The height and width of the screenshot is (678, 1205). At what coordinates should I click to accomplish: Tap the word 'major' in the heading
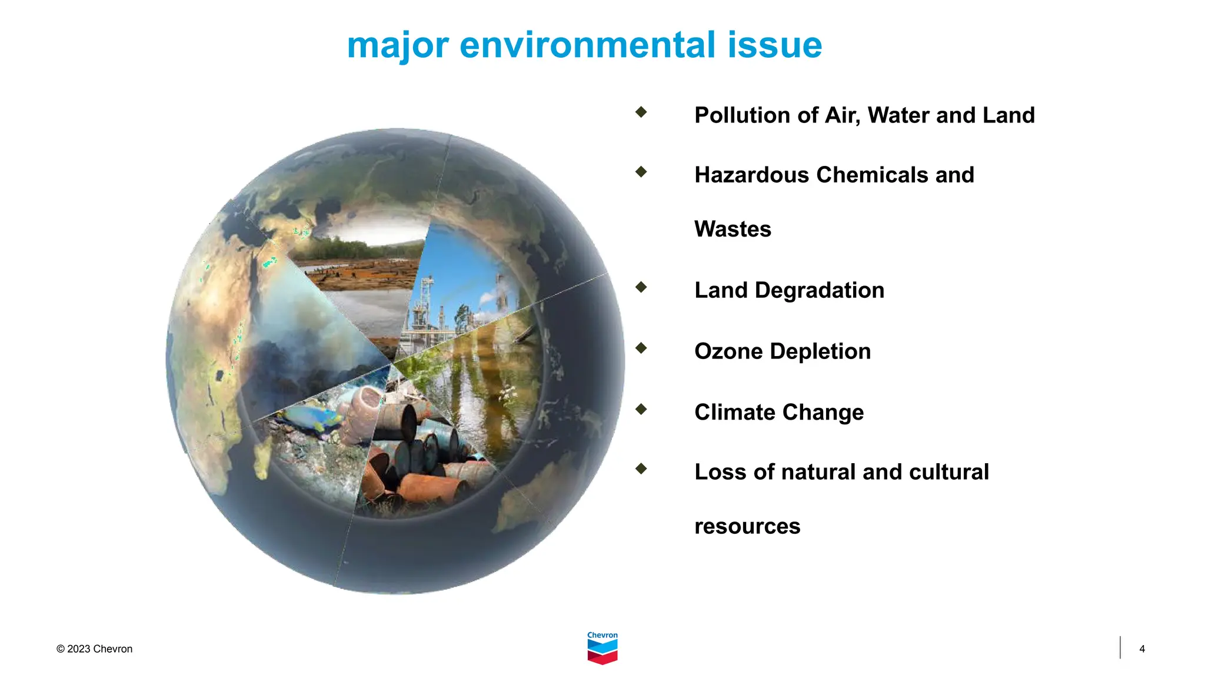(398, 45)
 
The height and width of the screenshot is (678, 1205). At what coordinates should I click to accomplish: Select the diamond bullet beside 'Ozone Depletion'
(641, 348)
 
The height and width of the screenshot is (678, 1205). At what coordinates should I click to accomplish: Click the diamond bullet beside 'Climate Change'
(641, 408)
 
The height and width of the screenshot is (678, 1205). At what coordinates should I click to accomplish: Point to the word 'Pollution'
(742, 115)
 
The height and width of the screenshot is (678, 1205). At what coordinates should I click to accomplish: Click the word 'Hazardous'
(751, 175)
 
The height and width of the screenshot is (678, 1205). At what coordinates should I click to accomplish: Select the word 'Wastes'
(733, 230)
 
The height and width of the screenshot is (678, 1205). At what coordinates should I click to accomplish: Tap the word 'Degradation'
(819, 291)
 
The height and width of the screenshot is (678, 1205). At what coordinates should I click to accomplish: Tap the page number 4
(1141, 649)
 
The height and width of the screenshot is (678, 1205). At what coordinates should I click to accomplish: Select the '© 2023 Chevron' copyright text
(94, 649)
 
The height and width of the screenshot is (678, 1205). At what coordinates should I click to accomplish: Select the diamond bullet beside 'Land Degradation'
(641, 287)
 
